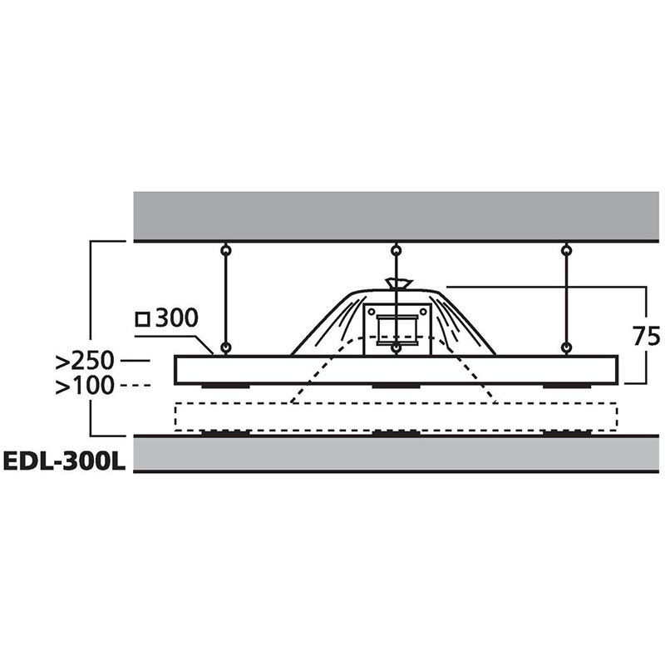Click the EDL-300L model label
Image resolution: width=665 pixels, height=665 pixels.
coord(65,462)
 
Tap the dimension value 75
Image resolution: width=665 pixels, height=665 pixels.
coord(646,337)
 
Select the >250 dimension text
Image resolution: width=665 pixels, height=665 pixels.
coord(85,361)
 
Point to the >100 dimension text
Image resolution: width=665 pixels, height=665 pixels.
coord(85,386)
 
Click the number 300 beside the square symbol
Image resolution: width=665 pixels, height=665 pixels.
coord(176,318)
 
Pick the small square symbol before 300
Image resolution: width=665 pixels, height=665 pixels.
coord(143,319)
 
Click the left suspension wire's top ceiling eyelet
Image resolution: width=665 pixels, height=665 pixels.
coord(226,251)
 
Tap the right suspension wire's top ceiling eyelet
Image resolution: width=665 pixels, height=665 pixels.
coord(566,251)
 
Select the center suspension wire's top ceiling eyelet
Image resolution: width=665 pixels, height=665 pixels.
coord(396,251)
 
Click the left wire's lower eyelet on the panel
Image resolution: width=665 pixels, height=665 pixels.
coord(226,348)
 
